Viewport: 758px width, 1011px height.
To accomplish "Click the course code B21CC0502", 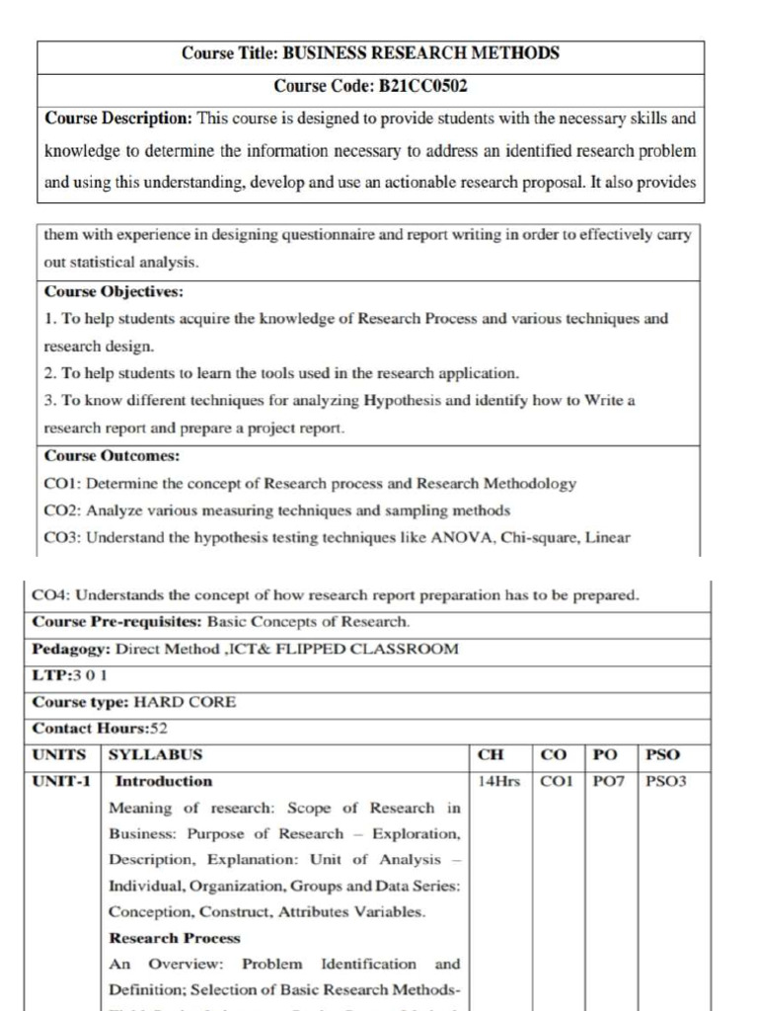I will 417,86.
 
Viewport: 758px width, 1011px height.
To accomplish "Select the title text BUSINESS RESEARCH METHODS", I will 420,53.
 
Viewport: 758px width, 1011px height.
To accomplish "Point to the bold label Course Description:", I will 118,118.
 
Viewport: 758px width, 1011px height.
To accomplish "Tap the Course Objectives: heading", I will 114,292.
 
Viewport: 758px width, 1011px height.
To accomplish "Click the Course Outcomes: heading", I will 111,456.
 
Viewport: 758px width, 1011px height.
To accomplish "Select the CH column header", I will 491,755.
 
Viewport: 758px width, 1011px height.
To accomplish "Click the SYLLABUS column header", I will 155,755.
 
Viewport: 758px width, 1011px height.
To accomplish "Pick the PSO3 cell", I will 665,781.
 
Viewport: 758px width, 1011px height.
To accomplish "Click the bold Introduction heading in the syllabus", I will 164,781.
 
